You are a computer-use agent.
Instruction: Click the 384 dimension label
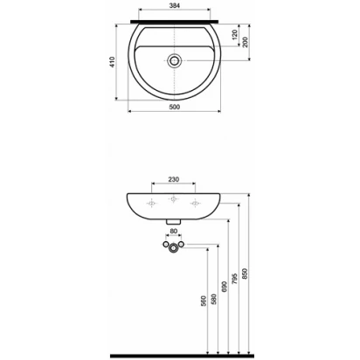(x=174, y=5)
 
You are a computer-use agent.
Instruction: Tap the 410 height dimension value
(x=112, y=62)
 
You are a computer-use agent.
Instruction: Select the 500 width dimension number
(x=174, y=107)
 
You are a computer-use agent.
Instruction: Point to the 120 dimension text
(x=235, y=35)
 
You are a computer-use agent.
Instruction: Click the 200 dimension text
(x=245, y=43)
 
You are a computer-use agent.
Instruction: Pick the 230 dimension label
(x=174, y=179)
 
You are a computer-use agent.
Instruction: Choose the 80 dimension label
(x=174, y=231)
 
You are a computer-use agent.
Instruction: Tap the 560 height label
(x=204, y=301)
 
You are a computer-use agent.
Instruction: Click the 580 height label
(x=214, y=299)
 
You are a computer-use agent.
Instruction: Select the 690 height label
(x=225, y=287)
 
